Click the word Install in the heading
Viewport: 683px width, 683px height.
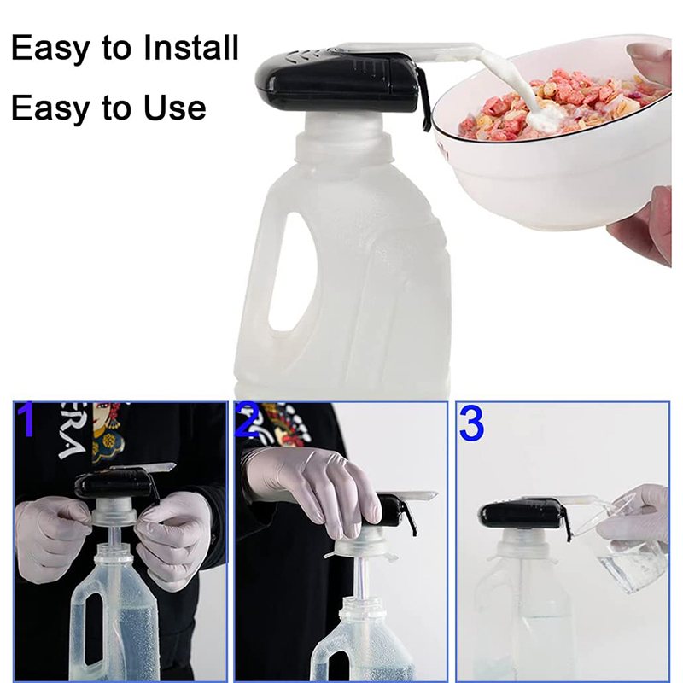(190, 48)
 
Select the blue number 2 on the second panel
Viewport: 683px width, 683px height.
(248, 420)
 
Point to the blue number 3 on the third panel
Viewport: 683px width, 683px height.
(471, 423)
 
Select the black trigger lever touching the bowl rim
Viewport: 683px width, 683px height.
(423, 101)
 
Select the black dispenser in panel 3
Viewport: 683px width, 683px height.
(522, 517)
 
